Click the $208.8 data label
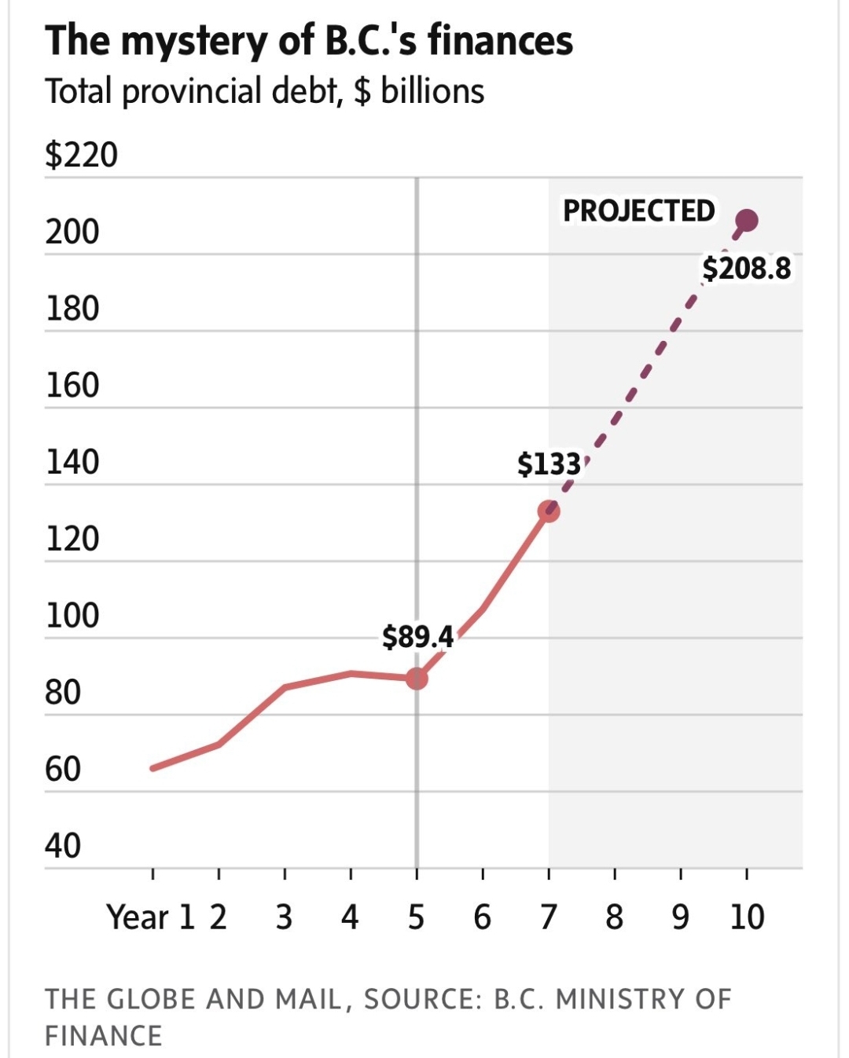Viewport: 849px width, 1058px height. click(x=746, y=269)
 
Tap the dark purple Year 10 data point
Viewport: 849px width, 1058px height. click(x=745, y=221)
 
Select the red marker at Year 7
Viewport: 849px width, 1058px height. click(x=549, y=512)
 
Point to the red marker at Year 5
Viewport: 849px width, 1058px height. click(x=417, y=678)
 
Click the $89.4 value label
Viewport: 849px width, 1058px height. click(x=417, y=636)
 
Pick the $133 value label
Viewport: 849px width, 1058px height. click(x=549, y=464)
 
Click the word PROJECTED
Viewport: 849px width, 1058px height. click(x=638, y=211)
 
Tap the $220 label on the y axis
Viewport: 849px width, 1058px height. click(x=81, y=155)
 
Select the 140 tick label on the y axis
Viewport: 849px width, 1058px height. click(x=72, y=462)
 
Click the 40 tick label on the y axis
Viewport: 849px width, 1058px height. click(x=63, y=846)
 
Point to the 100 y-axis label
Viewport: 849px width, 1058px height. click(x=72, y=616)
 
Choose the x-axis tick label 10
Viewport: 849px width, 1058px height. click(x=746, y=917)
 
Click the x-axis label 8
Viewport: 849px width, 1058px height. click(x=614, y=917)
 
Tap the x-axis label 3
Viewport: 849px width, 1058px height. click(x=284, y=917)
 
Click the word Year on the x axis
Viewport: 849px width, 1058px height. click(x=138, y=917)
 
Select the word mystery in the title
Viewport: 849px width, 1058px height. click(x=194, y=41)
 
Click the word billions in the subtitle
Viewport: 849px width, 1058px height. click(x=432, y=91)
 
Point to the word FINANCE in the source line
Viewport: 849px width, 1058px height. click(x=103, y=1035)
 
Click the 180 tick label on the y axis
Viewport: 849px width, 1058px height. click(x=72, y=309)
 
